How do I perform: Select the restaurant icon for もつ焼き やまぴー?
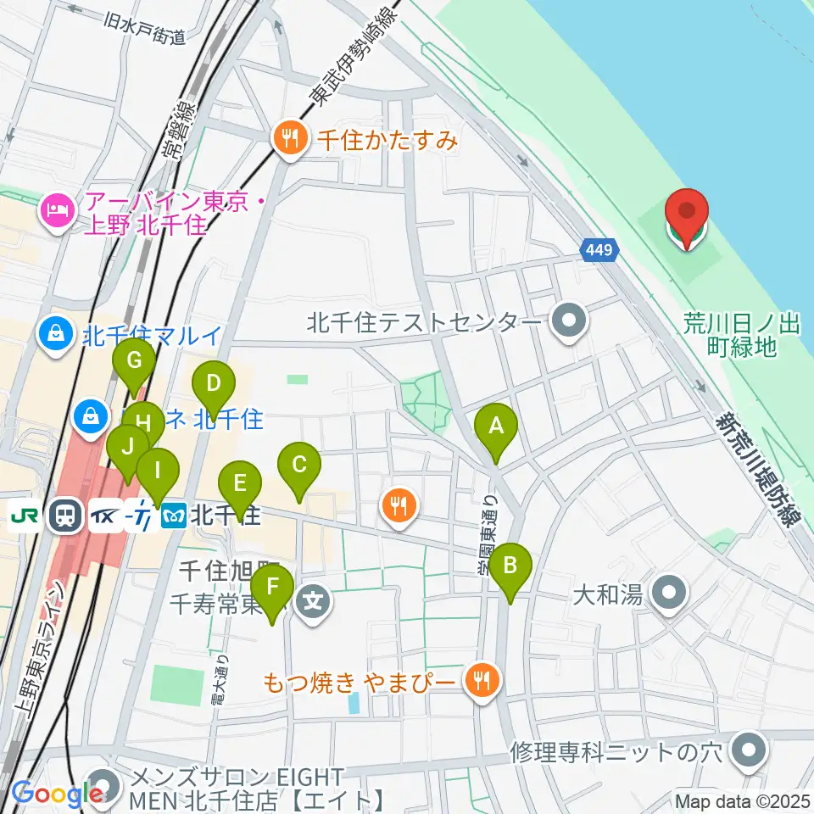pos(482,679)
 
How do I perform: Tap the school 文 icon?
pos(314,604)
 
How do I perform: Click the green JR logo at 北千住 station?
pos(24,515)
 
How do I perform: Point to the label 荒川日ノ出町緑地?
pos(730,334)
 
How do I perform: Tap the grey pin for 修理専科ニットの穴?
pos(748,750)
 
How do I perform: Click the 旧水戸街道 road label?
pos(147,27)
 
